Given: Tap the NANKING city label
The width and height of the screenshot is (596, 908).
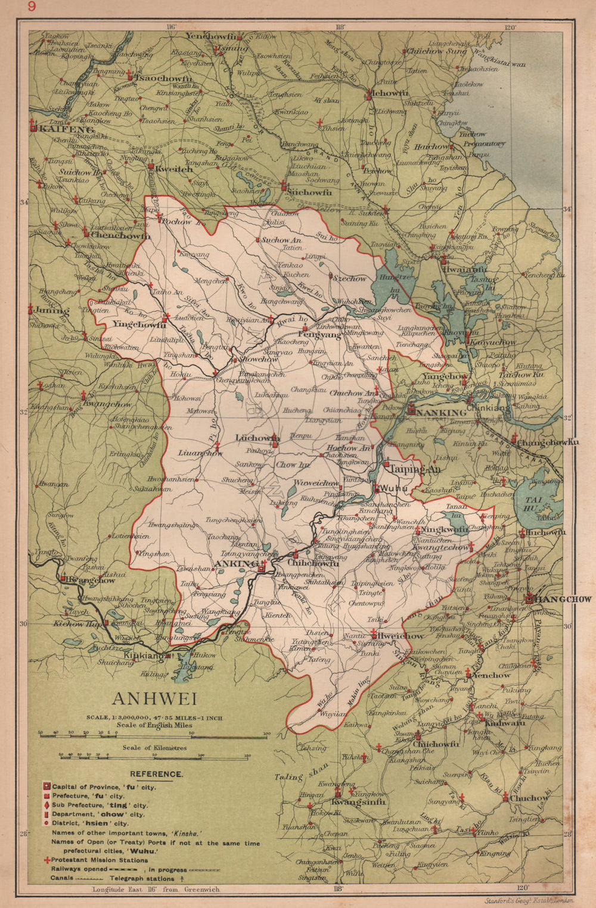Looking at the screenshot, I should pyautogui.click(x=442, y=413).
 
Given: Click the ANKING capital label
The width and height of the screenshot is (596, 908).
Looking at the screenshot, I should pyautogui.click(x=236, y=563).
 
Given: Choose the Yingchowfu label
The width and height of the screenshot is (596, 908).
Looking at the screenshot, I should pyautogui.click(x=139, y=326).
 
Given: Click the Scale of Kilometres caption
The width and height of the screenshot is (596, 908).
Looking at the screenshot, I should pyautogui.click(x=154, y=747).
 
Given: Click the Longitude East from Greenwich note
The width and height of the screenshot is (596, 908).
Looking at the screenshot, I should pyautogui.click(x=156, y=889).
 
